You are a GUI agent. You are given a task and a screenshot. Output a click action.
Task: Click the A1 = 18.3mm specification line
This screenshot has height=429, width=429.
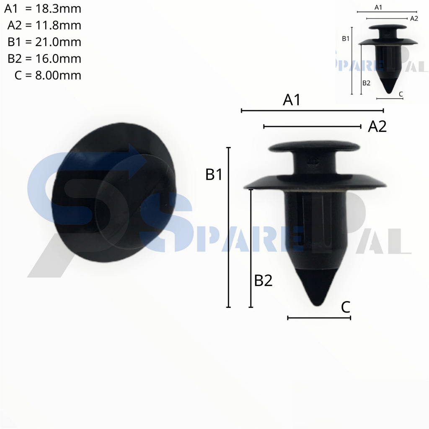tap(43, 8)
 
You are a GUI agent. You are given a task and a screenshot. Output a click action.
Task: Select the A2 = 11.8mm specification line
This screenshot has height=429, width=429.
tap(44, 25)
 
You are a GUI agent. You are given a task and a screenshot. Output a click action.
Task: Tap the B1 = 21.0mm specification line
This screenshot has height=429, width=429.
tap(44, 42)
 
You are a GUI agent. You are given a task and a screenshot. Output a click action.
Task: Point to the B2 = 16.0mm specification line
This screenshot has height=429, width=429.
tap(44, 59)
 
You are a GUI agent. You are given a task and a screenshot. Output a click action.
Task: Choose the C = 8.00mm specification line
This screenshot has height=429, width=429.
tap(47, 75)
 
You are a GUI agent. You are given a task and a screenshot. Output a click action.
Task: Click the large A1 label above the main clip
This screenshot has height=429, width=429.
tap(292, 100)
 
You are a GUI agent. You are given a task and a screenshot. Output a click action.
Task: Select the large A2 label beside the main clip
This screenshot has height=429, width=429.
tap(377, 127)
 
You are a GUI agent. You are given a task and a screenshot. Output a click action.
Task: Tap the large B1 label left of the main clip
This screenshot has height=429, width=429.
tap(214, 175)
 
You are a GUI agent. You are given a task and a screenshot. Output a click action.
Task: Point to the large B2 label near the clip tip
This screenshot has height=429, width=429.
tap(263, 281)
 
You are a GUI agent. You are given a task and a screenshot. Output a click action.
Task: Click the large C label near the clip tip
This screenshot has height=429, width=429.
tap(345, 307)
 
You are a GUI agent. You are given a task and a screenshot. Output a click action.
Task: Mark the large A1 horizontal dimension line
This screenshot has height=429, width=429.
tap(313, 111)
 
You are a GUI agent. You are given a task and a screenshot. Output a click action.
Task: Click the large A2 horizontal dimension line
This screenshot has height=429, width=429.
tap(312, 126)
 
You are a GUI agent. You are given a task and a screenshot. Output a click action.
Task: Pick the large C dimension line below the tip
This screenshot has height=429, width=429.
tap(319, 318)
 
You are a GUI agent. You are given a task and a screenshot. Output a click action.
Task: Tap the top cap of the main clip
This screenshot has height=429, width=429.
tap(314, 147)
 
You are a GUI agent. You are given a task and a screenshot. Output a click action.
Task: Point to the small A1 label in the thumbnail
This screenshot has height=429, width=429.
tap(378, 7)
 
